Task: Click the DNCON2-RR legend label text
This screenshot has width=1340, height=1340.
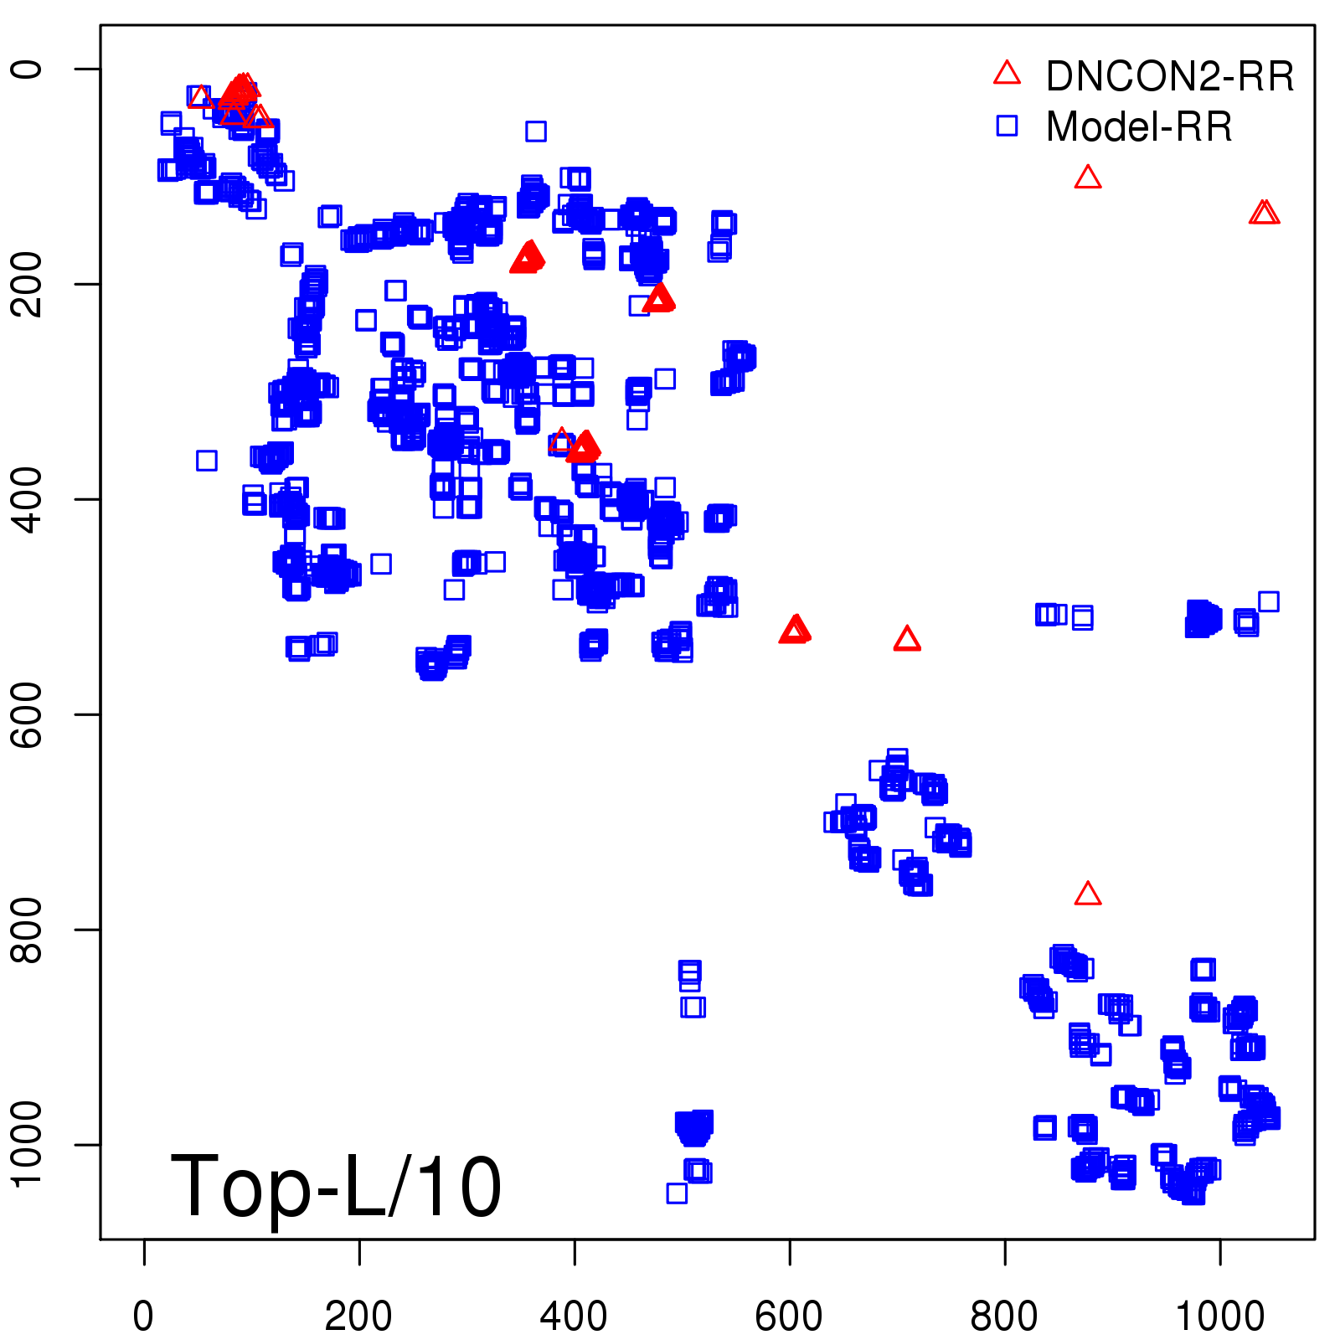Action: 1169,76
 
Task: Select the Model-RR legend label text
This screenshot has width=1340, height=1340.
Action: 1139,126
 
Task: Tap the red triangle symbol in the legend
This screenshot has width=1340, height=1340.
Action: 1007,74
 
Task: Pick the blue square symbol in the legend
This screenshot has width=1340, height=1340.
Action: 1007,126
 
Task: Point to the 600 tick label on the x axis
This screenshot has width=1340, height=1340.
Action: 789,1316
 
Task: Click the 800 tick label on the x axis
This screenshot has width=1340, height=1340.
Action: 1004,1316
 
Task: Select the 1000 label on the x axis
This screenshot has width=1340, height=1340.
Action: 1219,1316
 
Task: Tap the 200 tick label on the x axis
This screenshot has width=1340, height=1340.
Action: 358,1316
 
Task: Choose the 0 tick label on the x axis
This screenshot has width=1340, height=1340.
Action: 144,1316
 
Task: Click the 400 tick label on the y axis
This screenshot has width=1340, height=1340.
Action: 28,499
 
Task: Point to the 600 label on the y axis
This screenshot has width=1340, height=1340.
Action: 28,714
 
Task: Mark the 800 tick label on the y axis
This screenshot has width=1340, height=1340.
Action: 28,930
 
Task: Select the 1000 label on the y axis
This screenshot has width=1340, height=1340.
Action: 28,1144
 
